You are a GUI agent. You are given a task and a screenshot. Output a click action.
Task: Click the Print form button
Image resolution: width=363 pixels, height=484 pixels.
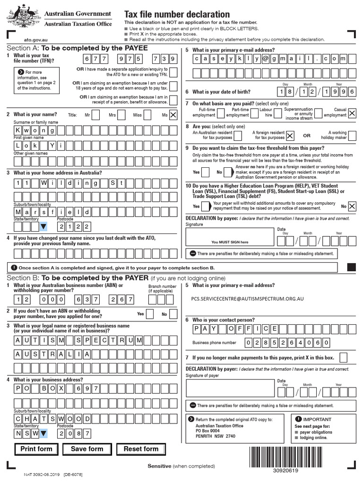point(36,449)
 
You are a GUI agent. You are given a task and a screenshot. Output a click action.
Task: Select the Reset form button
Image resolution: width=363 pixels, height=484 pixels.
point(141,449)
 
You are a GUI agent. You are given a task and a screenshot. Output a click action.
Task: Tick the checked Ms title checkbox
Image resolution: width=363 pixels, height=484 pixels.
point(173,114)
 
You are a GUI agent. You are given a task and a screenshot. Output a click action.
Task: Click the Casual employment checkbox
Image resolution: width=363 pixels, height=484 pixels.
point(352,112)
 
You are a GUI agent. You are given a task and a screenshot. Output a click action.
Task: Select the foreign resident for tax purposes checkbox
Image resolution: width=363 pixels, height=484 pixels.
point(290,136)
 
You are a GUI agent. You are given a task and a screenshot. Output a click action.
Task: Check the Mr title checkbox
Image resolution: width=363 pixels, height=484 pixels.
point(95,114)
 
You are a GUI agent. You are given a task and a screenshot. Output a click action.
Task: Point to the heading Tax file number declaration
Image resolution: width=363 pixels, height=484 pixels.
point(177,15)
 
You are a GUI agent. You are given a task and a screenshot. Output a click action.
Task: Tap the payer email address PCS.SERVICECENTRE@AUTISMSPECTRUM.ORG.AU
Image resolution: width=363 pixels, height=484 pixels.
point(247,299)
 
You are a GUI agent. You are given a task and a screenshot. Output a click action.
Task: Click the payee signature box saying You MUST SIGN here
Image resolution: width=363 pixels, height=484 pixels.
point(230,237)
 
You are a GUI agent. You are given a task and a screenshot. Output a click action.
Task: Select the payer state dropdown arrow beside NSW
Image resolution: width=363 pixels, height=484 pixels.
point(43,432)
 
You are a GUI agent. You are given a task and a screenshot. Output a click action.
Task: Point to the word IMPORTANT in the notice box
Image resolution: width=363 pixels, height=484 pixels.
point(317,419)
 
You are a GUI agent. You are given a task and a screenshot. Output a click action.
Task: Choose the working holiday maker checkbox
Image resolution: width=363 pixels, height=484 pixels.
point(352,136)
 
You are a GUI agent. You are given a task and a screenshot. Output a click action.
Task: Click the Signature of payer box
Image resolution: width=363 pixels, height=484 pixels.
point(230,388)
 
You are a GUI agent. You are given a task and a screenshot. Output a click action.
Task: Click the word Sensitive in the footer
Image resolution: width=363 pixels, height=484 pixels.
point(159,466)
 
